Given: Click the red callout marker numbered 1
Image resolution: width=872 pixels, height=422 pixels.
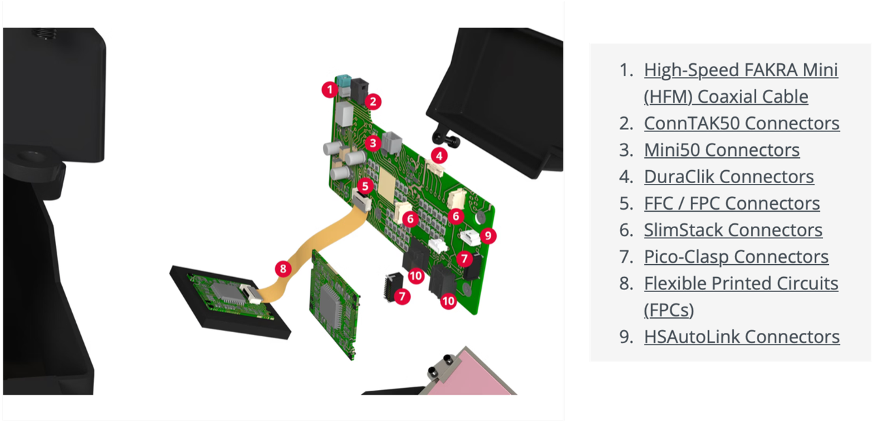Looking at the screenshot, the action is (330, 90).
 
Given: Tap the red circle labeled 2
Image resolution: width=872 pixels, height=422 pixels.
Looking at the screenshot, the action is (373, 102).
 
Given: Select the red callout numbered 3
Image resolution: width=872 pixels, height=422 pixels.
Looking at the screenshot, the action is (373, 143).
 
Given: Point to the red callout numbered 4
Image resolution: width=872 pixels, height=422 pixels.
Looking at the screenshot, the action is (439, 156).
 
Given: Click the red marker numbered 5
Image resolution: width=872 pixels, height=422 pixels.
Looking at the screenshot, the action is (365, 186).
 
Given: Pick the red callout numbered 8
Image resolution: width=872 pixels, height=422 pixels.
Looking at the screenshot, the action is (283, 269).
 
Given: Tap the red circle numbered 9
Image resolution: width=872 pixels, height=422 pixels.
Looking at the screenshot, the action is (488, 236).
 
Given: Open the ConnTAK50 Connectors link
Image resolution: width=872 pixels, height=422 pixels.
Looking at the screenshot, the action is (742, 123).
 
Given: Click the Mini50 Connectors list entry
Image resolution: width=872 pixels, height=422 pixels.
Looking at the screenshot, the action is (721, 150).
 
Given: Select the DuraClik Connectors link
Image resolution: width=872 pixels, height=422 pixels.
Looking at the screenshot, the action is (729, 176).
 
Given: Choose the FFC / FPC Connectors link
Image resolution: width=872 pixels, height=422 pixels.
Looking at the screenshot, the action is (732, 204).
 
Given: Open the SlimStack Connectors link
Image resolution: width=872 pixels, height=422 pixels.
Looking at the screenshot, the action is (733, 230).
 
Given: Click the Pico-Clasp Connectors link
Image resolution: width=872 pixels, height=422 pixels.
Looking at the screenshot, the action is (736, 257).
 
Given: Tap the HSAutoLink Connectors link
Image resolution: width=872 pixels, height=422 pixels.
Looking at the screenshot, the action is (742, 337).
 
